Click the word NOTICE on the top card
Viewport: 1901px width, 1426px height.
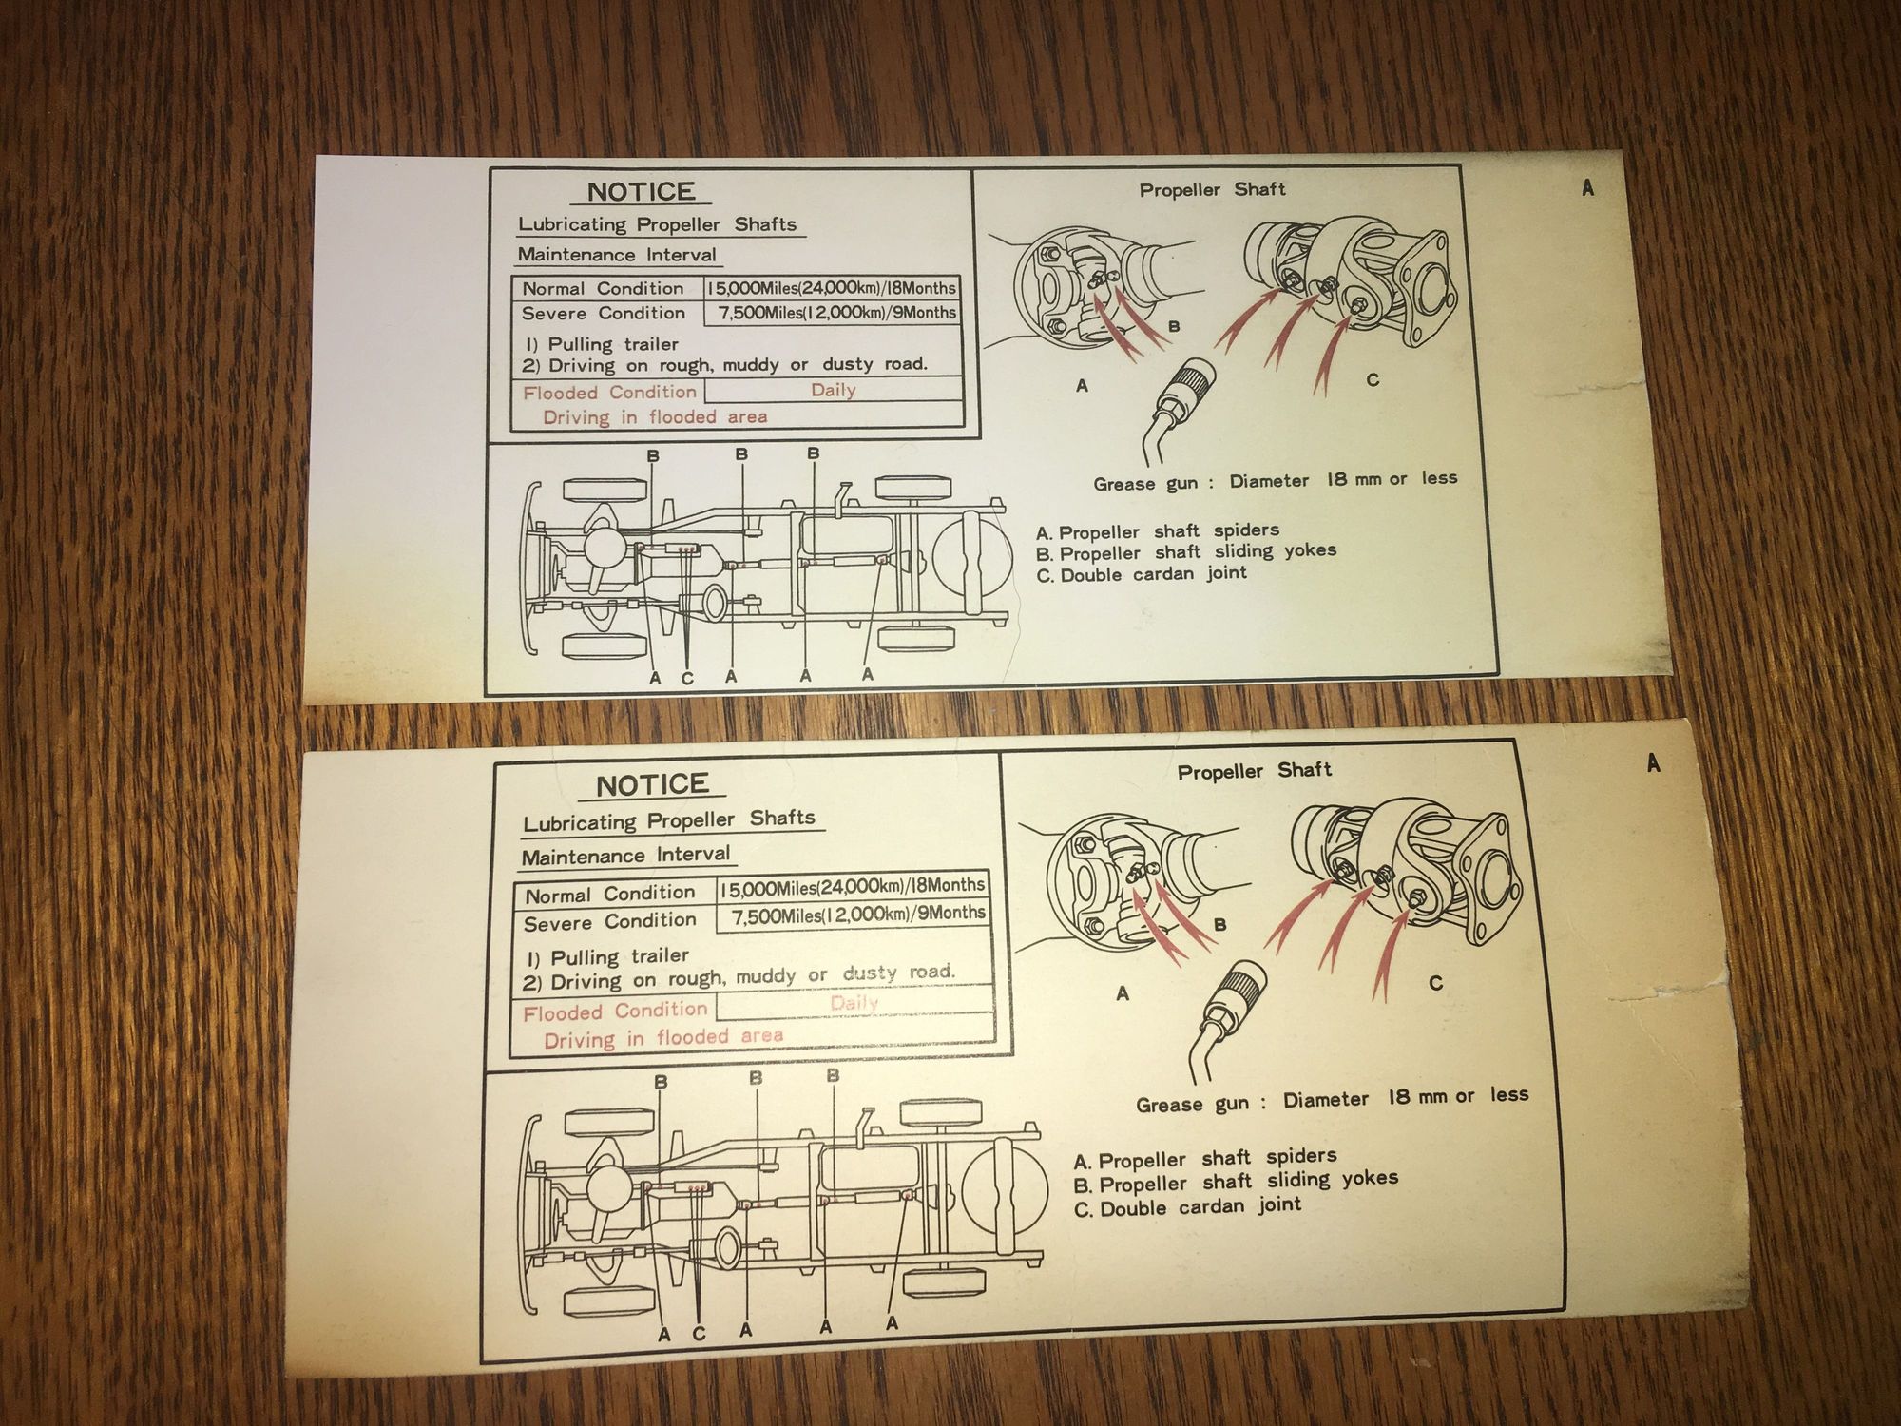click(642, 191)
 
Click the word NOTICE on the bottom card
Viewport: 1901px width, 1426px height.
click(652, 784)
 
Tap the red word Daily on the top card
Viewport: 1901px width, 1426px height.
click(834, 390)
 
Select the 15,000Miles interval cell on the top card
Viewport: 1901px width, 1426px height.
click(832, 288)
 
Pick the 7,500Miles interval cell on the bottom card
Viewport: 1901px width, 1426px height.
click(857, 915)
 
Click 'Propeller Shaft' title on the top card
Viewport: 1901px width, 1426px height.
click(1212, 189)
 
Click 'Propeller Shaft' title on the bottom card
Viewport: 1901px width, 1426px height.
click(1254, 771)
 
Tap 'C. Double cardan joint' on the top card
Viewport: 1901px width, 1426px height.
click(1141, 574)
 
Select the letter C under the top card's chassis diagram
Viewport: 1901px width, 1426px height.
click(687, 679)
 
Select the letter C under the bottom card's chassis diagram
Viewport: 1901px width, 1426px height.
click(699, 1334)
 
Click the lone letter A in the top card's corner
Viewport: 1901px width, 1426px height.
click(1587, 188)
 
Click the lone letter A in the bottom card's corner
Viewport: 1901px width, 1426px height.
click(1654, 762)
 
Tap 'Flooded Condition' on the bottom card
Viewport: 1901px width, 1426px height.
click(615, 1012)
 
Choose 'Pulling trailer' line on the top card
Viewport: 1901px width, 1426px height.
click(602, 343)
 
